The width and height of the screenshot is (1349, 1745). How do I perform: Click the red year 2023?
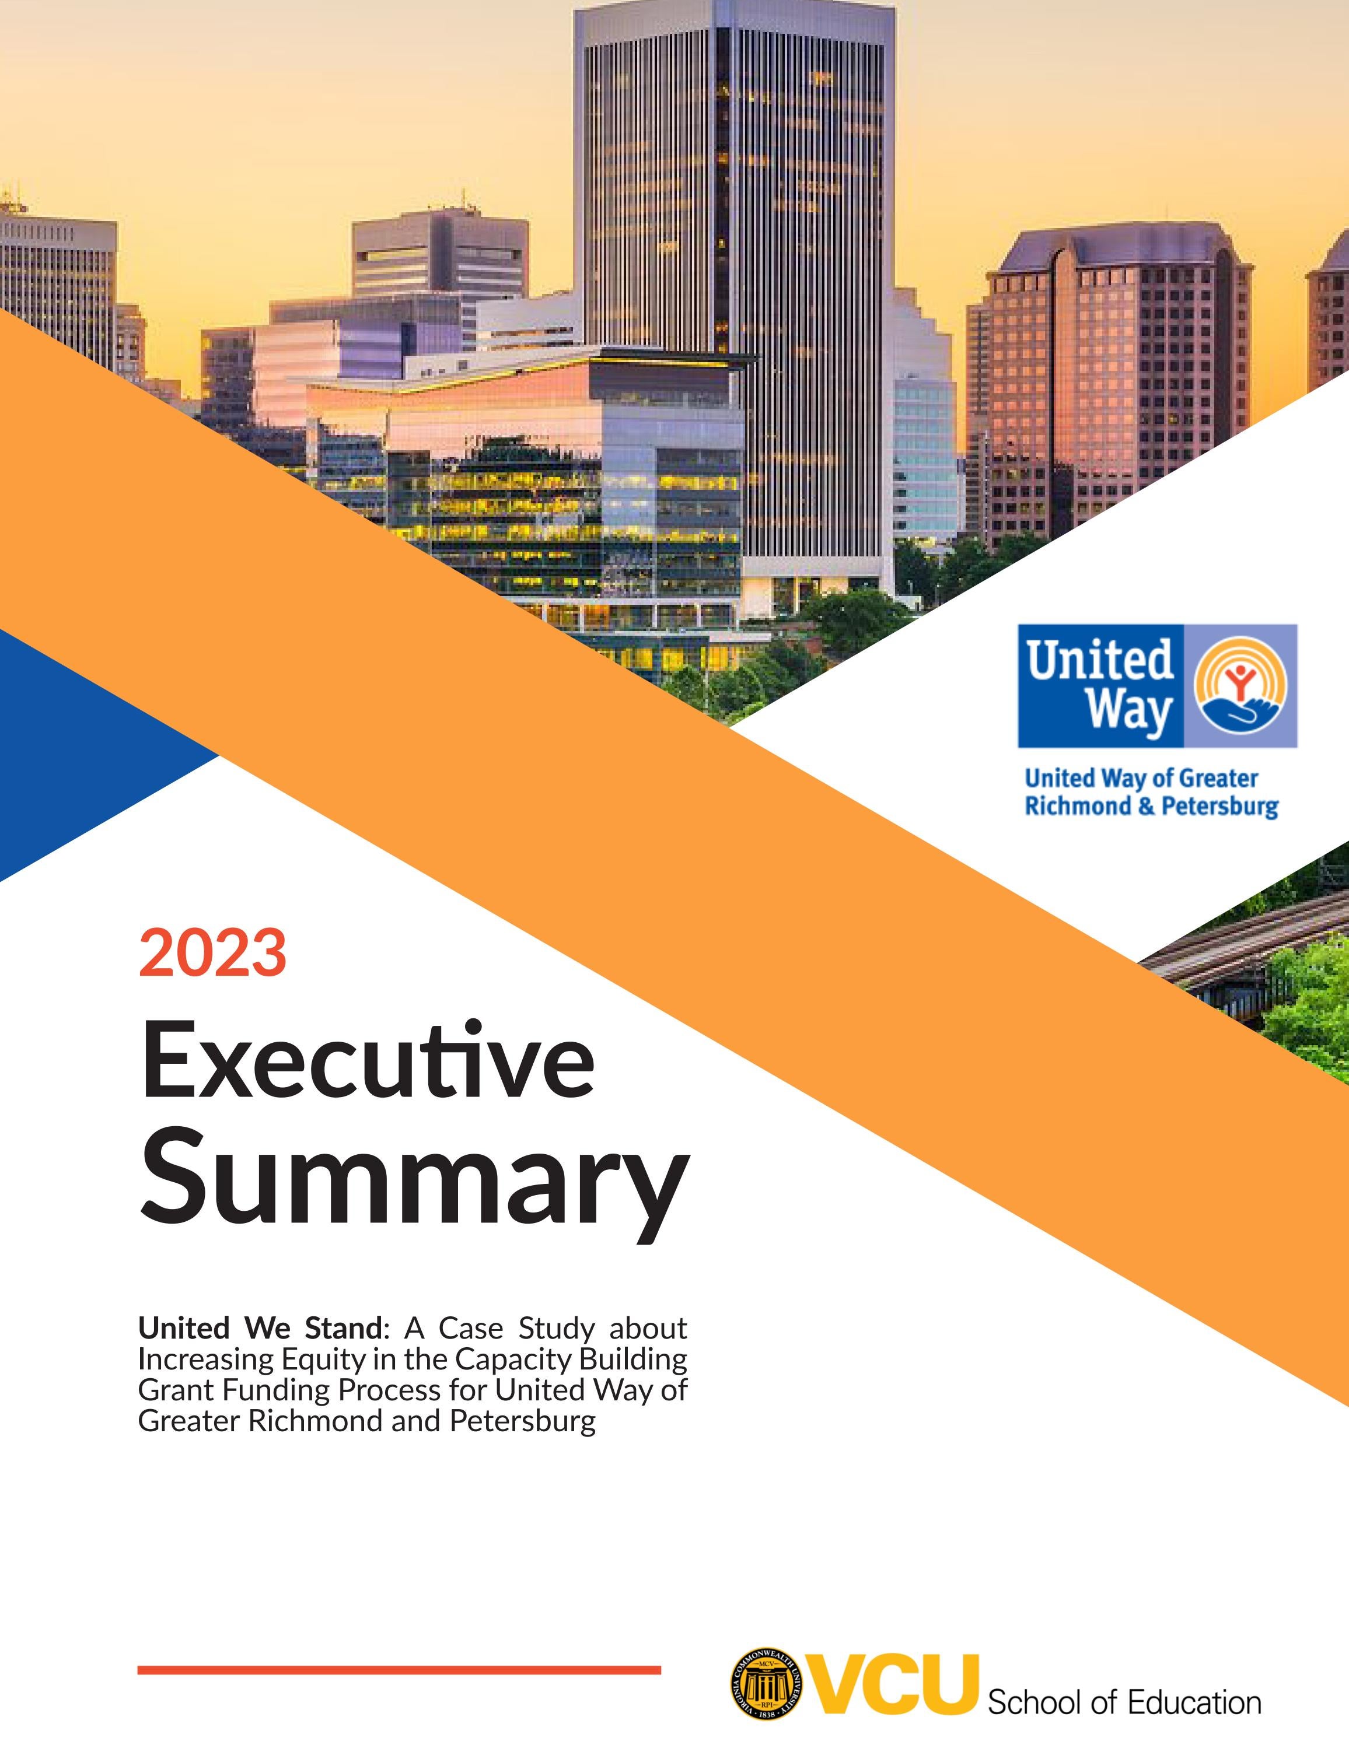click(x=212, y=952)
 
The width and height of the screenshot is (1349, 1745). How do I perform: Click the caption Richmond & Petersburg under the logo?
click(x=1151, y=805)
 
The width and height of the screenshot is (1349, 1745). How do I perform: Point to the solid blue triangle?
click(x=72, y=751)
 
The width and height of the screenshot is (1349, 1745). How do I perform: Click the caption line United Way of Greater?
click(x=1141, y=778)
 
